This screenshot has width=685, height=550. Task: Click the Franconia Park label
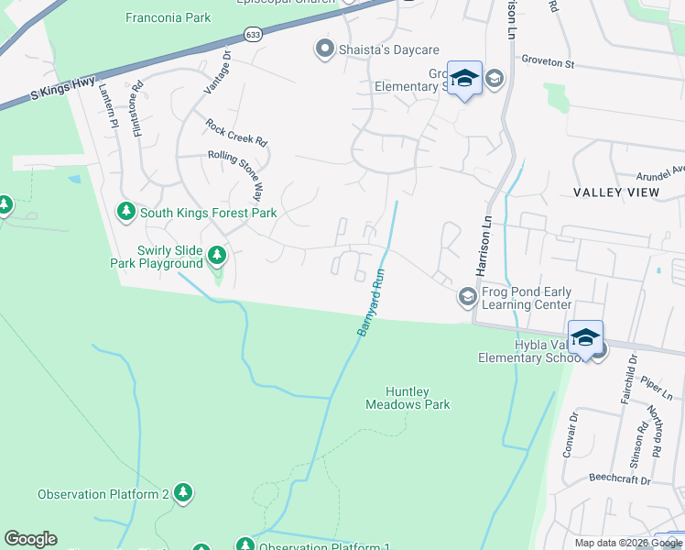168,17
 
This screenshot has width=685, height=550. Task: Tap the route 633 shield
254,34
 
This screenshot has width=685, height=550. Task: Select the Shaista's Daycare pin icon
322,49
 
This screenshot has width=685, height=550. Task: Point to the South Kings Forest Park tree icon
126,213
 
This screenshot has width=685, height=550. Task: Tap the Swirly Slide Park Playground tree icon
217,255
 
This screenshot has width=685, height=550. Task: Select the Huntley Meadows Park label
408,397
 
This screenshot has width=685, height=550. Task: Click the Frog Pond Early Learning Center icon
467,295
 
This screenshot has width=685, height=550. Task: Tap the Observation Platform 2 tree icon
183,493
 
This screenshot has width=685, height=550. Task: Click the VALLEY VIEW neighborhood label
614,192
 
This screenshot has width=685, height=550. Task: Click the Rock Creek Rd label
235,134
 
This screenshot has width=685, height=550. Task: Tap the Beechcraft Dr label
619,479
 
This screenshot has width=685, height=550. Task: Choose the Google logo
30,539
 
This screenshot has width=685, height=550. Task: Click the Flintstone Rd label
138,111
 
